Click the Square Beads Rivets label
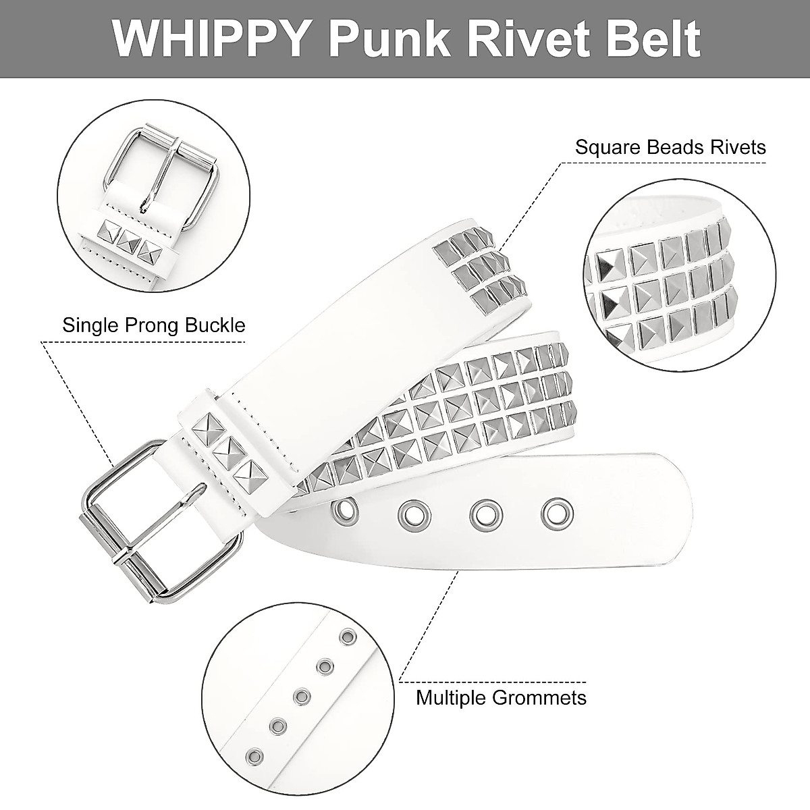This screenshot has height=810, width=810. (670, 147)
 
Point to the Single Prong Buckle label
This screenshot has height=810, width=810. (154, 325)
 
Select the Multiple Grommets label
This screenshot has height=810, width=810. (501, 697)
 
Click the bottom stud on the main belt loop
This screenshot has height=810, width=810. (247, 473)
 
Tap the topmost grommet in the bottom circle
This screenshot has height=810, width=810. (349, 637)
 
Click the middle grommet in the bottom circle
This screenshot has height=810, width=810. (302, 695)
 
